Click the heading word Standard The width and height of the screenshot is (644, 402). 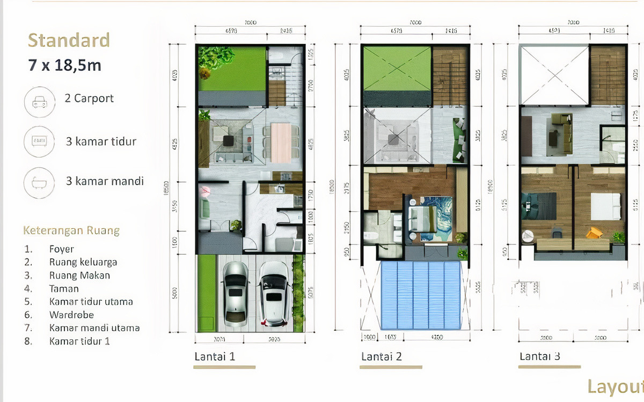[x=69, y=41]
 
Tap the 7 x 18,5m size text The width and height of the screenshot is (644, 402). [x=64, y=65]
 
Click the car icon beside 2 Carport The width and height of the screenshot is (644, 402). [x=39, y=102]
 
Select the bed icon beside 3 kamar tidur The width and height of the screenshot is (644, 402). [x=39, y=142]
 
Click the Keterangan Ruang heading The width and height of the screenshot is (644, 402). [x=71, y=231]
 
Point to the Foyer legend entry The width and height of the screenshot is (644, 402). [x=61, y=249]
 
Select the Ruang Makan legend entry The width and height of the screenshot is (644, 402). [x=79, y=276]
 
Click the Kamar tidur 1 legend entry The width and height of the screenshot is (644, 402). [x=79, y=341]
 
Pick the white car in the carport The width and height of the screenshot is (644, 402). [x=273, y=292]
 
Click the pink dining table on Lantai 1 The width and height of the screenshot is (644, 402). [x=281, y=143]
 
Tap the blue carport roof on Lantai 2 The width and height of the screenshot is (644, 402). [x=421, y=295]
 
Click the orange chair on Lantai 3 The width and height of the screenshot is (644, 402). [x=593, y=233]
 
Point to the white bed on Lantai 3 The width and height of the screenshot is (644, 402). [x=605, y=206]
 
